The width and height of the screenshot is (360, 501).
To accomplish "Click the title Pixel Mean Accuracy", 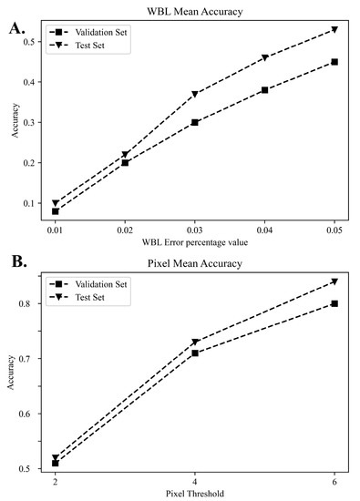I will pos(195,262).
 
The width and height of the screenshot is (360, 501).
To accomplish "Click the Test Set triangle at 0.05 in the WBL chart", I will pos(334,30).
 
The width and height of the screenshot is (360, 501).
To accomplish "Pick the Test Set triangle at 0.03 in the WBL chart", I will pos(195,94).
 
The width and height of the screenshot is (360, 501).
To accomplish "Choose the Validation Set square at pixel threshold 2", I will pos(56,463).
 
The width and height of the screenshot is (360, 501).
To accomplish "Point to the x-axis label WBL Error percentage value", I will pos(195,240).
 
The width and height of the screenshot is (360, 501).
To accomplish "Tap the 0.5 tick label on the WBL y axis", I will pos(33,42).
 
